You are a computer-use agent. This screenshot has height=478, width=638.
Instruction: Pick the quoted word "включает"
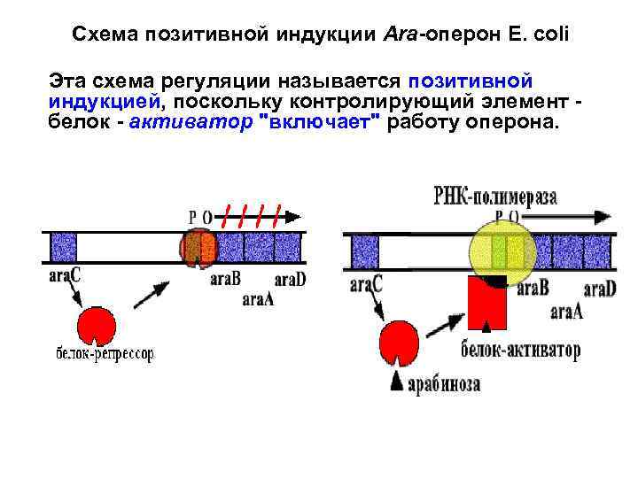point(316,121)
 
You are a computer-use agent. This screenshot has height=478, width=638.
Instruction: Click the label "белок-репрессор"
point(105,354)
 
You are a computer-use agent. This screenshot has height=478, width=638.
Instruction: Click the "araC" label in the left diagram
point(65,276)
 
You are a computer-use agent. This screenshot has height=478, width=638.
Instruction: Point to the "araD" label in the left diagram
point(290,280)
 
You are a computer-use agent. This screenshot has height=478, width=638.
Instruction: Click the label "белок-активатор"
point(521,351)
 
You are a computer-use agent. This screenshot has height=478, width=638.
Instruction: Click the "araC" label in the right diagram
point(366,285)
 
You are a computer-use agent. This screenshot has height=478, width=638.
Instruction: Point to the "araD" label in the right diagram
point(599,289)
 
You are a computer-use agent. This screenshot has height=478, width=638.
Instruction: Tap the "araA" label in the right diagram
point(566,311)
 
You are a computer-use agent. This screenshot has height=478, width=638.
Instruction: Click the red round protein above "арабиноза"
point(400,343)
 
